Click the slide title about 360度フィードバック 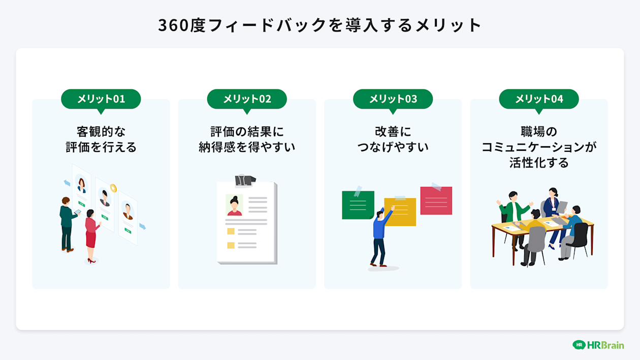click(x=320, y=25)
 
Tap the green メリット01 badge click(x=101, y=99)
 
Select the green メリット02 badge click(x=247, y=99)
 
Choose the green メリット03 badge click(x=393, y=99)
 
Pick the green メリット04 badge click(x=539, y=99)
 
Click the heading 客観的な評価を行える click(x=101, y=139)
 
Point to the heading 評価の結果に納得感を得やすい click(x=247, y=139)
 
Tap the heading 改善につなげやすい click(x=393, y=139)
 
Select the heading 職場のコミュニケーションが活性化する click(x=539, y=147)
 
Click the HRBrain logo click(x=598, y=345)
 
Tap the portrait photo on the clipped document click(x=234, y=205)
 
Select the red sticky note click(x=436, y=201)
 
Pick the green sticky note click(x=358, y=205)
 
